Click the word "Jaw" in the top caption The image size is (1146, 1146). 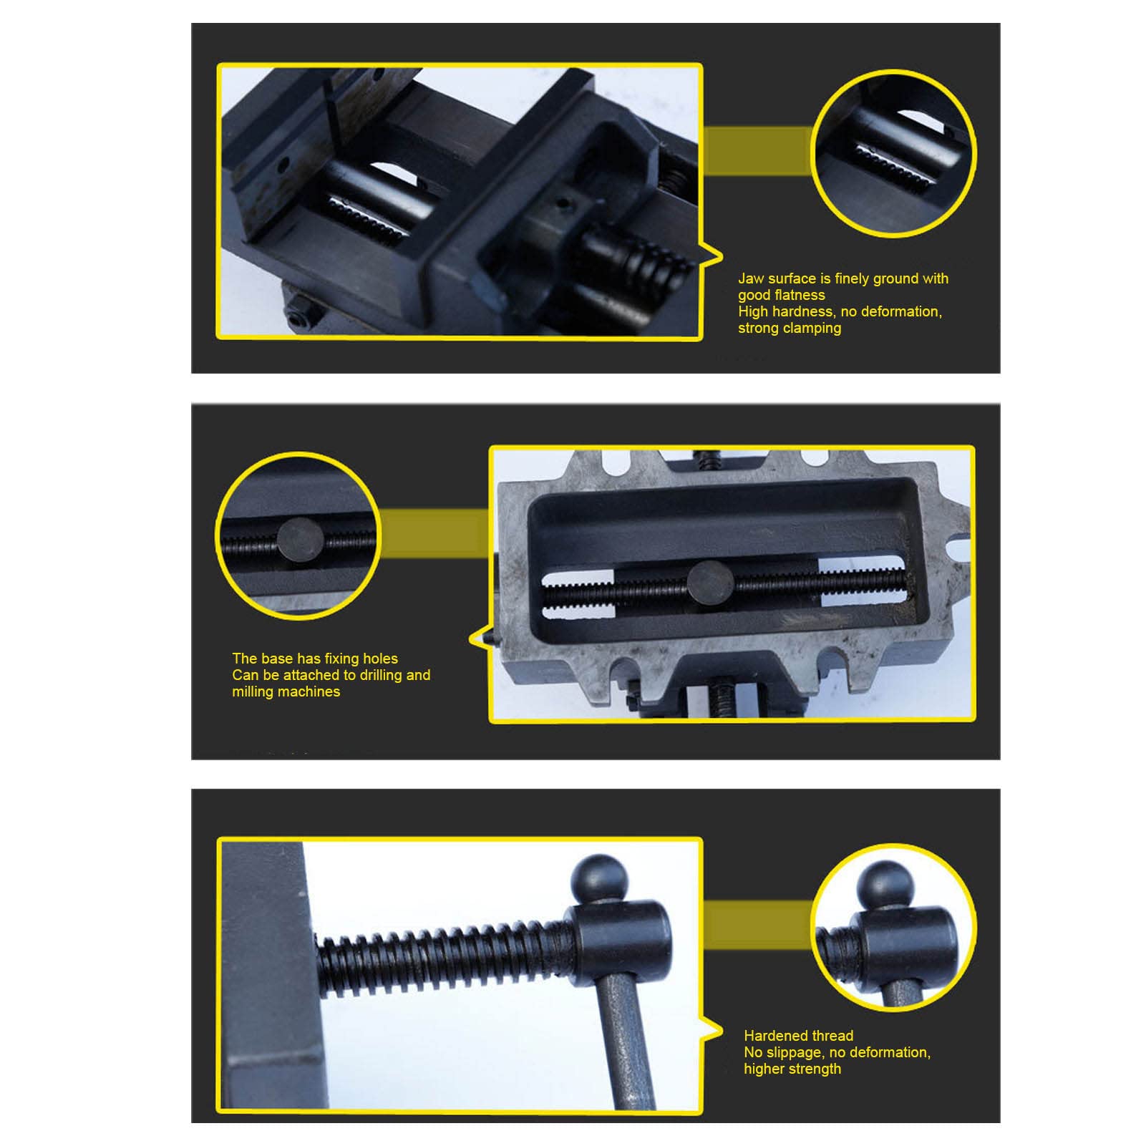click(x=751, y=278)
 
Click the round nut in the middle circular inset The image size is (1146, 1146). click(x=300, y=540)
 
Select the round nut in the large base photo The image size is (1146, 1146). click(x=711, y=583)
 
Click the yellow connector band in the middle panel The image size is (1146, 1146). click(x=434, y=533)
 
